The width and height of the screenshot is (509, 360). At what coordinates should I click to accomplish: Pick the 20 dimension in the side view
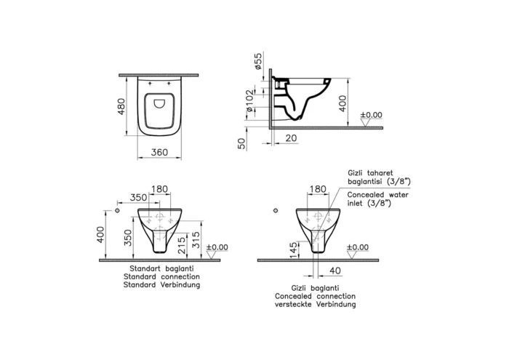click(x=291, y=137)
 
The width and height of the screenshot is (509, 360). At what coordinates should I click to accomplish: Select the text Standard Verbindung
click(x=161, y=285)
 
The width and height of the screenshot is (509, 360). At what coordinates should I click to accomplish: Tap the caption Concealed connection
click(x=315, y=297)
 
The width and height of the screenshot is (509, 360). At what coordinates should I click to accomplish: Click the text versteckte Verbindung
click(x=315, y=305)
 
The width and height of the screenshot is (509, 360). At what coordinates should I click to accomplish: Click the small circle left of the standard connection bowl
click(x=118, y=211)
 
